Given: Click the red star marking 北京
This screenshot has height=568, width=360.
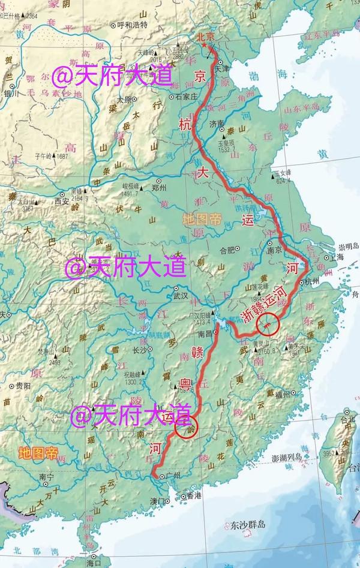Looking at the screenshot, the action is (206, 45).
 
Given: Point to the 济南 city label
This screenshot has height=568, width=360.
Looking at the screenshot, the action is (217, 124).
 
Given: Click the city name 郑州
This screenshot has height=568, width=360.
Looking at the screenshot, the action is (159, 187).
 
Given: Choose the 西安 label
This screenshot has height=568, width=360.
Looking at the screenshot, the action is (62, 202).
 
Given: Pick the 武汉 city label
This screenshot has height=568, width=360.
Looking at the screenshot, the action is (181, 296).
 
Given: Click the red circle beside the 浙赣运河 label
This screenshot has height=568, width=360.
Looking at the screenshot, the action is (266, 324).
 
